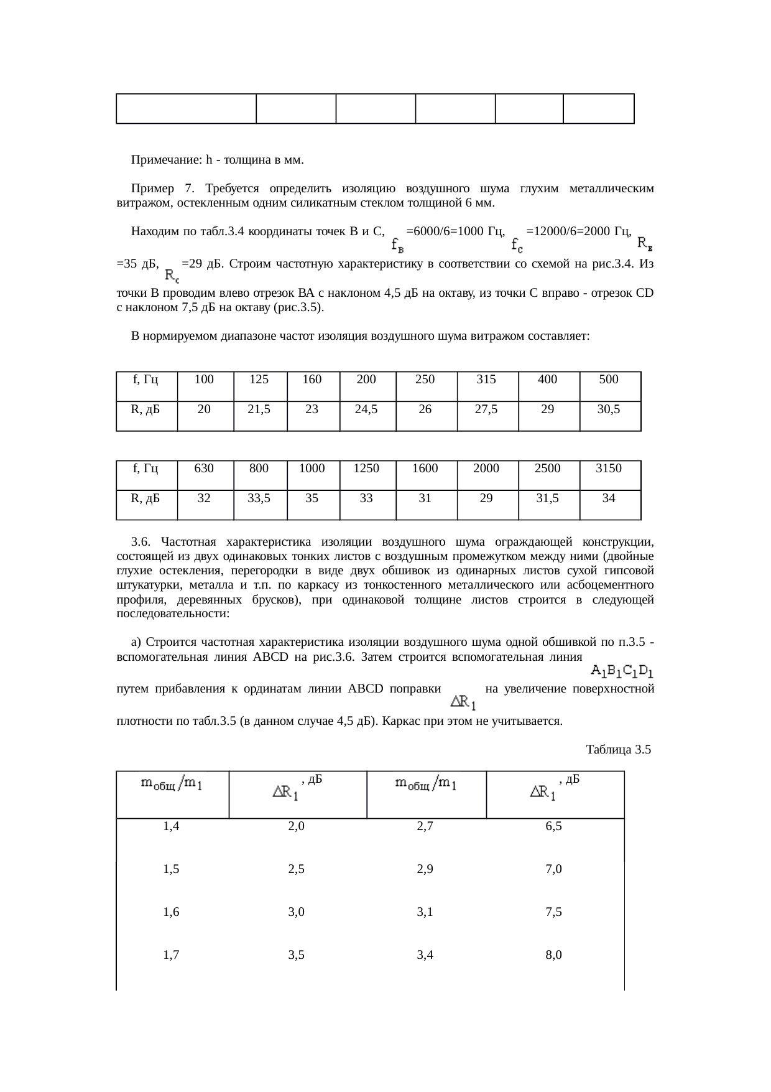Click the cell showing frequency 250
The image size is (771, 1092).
425,380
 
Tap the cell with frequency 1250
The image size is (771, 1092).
366,469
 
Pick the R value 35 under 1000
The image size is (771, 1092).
312,498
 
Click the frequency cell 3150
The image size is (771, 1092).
609,469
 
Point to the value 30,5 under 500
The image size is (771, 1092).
609,409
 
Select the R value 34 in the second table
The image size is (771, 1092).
609,498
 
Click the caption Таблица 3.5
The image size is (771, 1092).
618,750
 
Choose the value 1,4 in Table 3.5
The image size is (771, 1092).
171,827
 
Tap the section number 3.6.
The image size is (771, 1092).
142,541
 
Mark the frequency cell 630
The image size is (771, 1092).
205,469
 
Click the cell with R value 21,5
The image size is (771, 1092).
259,409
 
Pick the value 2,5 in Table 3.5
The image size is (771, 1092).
297,870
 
